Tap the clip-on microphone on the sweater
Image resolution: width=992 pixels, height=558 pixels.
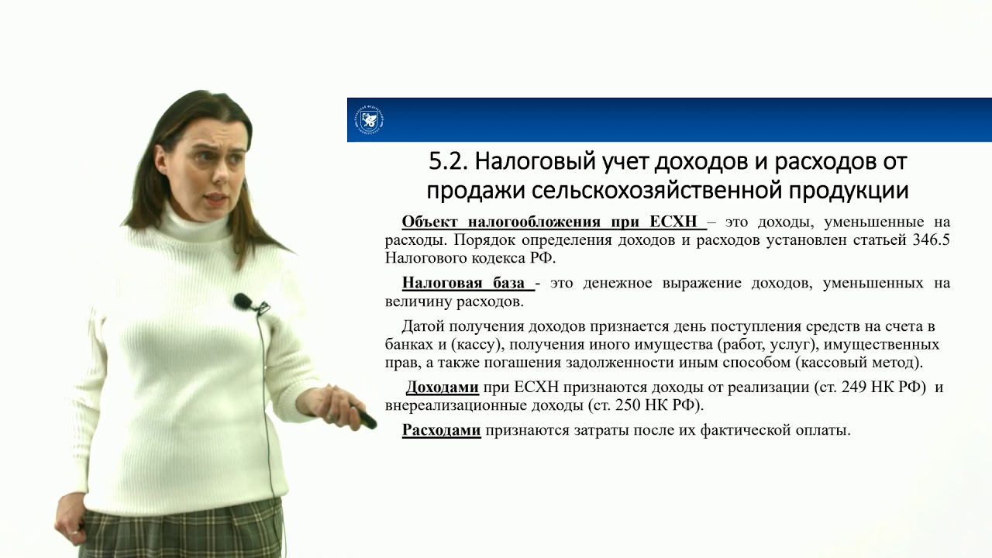tap(243, 301)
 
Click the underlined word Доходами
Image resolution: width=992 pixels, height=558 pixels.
tap(443, 387)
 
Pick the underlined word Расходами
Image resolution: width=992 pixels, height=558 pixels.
tap(442, 430)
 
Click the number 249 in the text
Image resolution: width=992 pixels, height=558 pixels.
tap(850, 387)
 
